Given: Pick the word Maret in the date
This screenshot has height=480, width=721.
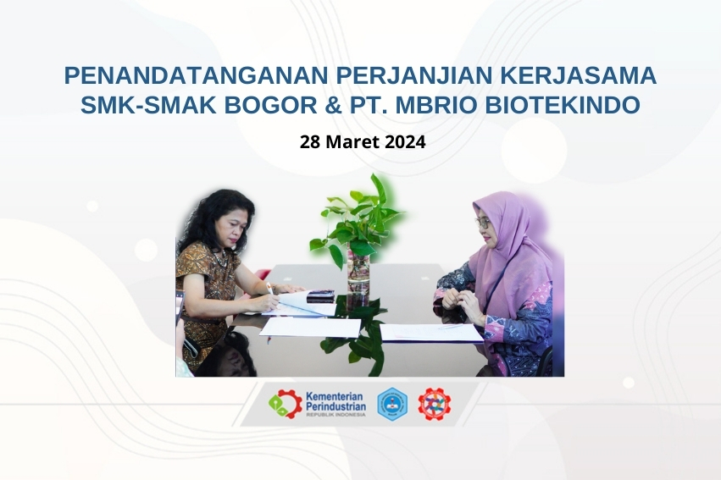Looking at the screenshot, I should coord(352,141).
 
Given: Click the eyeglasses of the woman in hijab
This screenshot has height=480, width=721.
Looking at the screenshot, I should coord(483,223).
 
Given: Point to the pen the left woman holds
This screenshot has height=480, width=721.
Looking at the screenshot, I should coord(270,289).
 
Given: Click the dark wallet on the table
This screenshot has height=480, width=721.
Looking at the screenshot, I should coord(320,295).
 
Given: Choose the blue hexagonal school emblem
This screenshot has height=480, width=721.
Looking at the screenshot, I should coord(391,404).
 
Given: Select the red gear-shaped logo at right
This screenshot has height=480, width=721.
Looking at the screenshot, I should coord(434,404).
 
